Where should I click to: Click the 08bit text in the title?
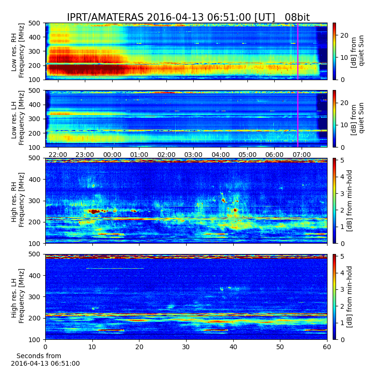[x=297, y=17]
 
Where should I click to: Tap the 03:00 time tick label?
[x=193, y=155]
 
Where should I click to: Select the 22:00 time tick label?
[x=57, y=155]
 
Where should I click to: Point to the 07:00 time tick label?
[x=302, y=155]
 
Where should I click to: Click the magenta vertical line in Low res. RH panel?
[x=298, y=51]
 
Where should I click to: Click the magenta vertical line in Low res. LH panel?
[x=298, y=119]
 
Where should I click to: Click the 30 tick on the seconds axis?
[x=186, y=347]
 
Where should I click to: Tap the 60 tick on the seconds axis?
[x=327, y=347]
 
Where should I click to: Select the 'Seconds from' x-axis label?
[x=39, y=356]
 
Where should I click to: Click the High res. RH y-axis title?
[x=18, y=200]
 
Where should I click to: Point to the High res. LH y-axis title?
[x=18, y=296]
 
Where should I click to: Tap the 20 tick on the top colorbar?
[x=344, y=35]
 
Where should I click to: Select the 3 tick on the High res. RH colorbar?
[x=343, y=194]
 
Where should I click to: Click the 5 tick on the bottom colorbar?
[x=343, y=256]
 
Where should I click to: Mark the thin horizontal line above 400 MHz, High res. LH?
[x=115, y=268]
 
